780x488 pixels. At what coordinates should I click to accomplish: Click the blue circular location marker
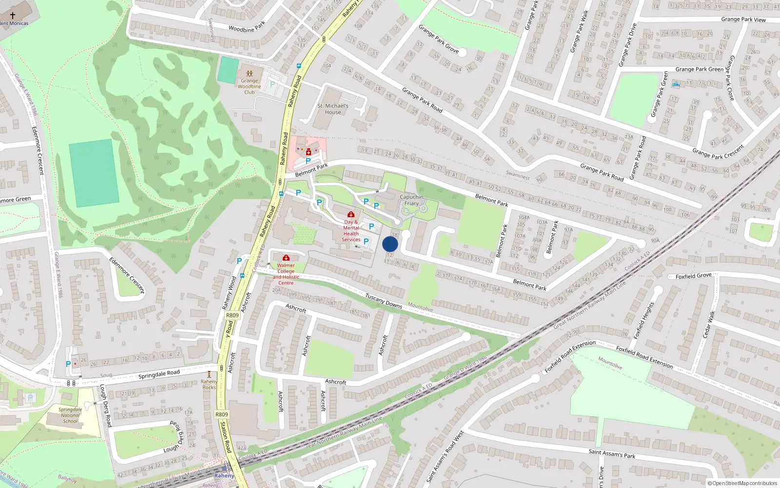390,244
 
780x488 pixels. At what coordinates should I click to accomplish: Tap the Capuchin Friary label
411,200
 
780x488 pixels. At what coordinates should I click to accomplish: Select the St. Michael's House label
333,109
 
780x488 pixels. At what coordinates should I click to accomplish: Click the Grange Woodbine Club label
249,86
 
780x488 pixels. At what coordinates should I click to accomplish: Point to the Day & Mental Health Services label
351,231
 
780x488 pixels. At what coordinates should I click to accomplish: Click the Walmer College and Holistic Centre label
286,274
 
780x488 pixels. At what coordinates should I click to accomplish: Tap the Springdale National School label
70,415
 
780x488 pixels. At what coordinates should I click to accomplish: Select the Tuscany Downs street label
384,300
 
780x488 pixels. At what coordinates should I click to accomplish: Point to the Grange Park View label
743,20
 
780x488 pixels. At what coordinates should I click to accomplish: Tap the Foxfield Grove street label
693,276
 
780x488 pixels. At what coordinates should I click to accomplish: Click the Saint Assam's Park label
612,453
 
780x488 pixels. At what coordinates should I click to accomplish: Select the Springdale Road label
159,374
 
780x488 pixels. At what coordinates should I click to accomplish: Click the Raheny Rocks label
209,385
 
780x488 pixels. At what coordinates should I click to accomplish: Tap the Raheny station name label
224,476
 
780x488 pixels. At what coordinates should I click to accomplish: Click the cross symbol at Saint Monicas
13,16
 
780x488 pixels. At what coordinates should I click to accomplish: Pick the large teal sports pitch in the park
94,173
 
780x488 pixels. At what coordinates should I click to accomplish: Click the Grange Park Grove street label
438,39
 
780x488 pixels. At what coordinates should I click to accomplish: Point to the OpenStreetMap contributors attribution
742,483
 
